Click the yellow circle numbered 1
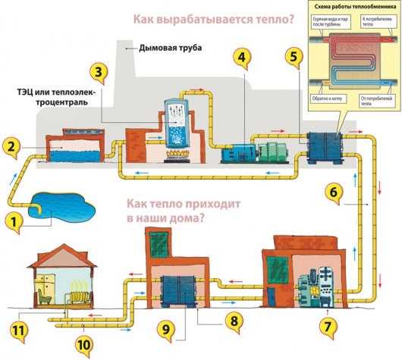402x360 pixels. click(x=13, y=223)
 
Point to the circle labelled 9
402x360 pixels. click(x=167, y=328)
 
